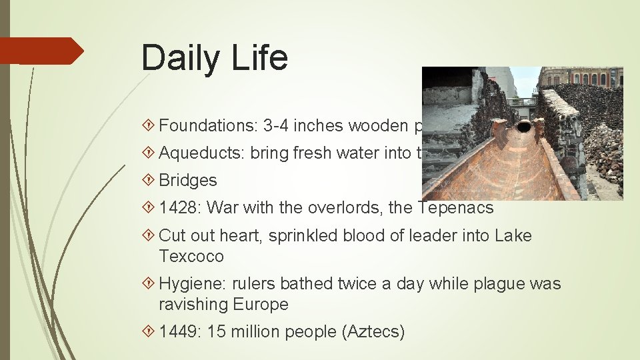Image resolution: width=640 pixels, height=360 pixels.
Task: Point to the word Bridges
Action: click(188, 181)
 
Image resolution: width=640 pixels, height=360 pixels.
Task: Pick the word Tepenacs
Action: click(455, 208)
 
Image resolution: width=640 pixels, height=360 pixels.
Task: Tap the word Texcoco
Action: click(191, 257)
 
